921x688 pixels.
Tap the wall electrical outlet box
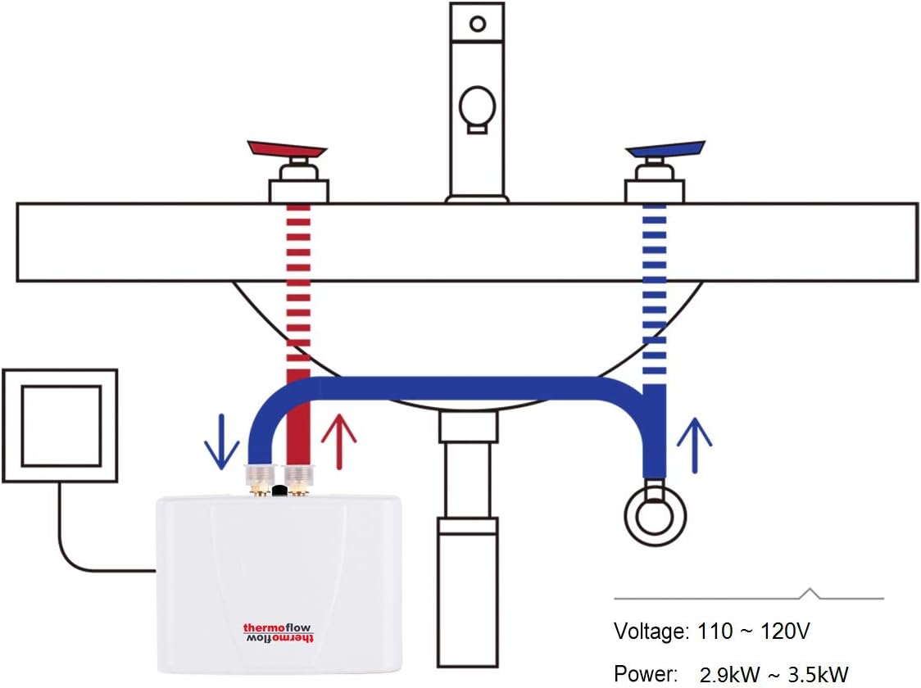click(60, 424)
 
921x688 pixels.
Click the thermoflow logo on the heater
click(279, 628)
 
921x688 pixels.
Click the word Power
click(646, 674)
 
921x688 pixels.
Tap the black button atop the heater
click(279, 491)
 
